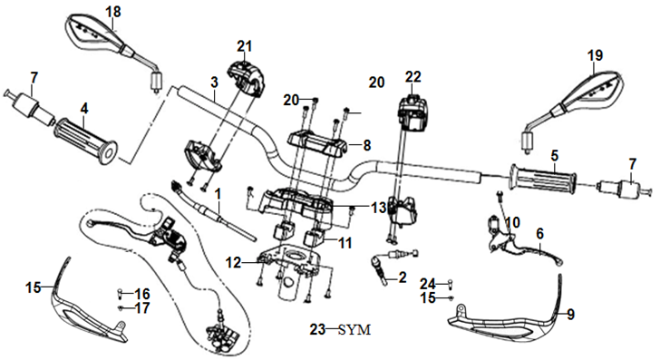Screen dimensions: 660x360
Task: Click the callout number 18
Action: pos(113,12)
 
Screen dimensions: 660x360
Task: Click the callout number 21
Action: pos(244,46)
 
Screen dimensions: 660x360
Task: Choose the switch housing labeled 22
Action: pos(412,112)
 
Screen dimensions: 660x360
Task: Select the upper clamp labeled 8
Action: pos(317,142)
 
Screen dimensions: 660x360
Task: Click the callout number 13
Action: pos(379,207)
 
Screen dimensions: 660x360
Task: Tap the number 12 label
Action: pos(233,263)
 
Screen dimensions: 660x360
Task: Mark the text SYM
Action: pos(354,330)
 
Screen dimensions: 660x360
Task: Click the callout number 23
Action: pos(318,329)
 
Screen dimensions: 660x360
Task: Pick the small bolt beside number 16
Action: pos(120,292)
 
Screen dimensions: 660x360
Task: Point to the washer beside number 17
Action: pos(121,307)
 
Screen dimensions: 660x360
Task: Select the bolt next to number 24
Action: pos(450,284)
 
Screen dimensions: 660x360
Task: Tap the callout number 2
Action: pos(403,277)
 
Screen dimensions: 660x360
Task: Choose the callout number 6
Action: pos(540,233)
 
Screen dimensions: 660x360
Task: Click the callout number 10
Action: pos(513,222)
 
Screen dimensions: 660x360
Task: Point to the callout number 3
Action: pos(215,83)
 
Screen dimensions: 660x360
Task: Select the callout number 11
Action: pos(345,242)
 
